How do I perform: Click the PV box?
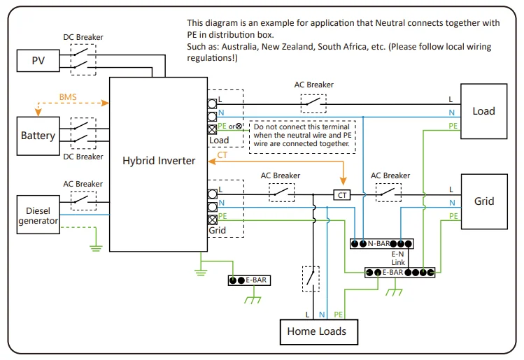point(38,60)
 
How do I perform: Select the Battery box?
point(38,136)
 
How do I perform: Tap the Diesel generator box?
point(38,215)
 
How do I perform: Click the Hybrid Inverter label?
point(159,160)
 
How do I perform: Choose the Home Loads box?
point(316,331)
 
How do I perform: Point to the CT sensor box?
point(341,195)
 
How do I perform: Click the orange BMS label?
point(68,94)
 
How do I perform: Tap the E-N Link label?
point(398,258)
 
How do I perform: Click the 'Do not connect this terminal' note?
point(302,135)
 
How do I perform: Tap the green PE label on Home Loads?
point(339,315)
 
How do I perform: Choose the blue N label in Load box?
point(451,113)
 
